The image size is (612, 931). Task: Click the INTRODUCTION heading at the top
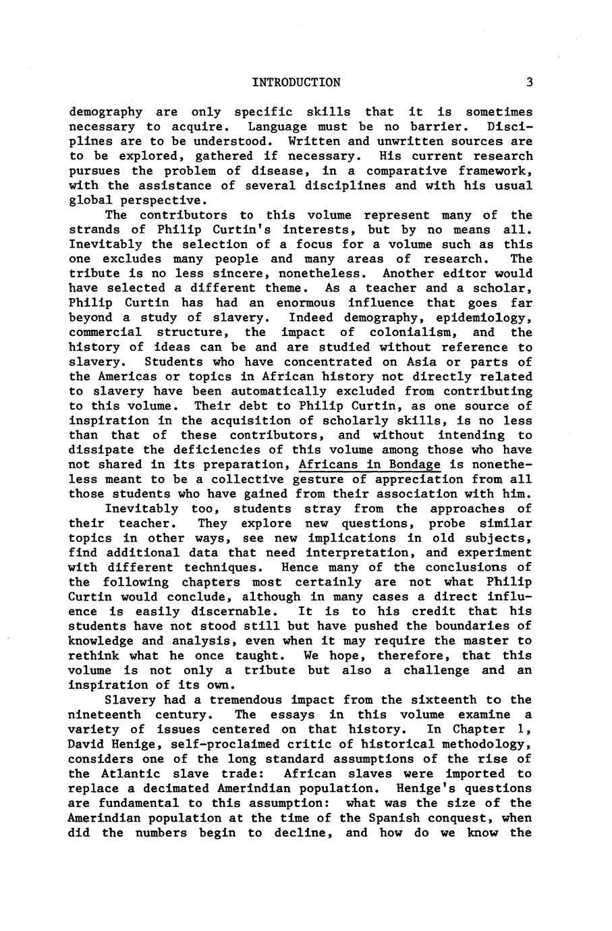click(296, 83)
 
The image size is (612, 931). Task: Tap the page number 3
click(530, 83)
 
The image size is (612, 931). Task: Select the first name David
click(86, 744)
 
